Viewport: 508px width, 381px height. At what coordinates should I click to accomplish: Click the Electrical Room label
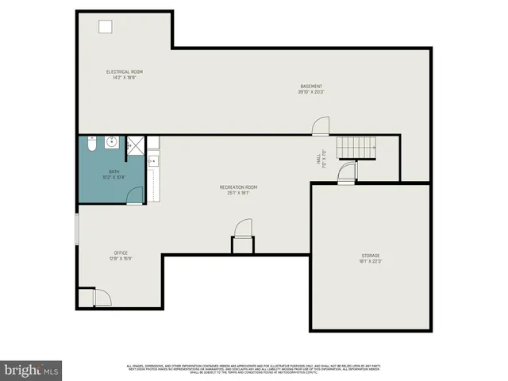click(125, 72)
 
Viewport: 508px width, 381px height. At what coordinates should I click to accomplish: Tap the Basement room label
click(311, 86)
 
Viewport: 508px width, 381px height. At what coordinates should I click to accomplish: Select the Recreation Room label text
click(238, 187)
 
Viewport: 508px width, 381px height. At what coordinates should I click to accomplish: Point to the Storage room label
click(371, 256)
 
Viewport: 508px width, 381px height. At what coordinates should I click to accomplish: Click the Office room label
click(121, 252)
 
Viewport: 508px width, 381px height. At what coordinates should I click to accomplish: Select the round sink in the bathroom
click(111, 143)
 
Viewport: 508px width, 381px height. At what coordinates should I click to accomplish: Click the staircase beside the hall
click(356, 147)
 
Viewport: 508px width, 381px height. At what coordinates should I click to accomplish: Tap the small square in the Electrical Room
click(105, 26)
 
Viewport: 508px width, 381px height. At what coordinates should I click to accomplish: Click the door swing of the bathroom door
click(136, 194)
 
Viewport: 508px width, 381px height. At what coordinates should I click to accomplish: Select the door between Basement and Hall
click(319, 126)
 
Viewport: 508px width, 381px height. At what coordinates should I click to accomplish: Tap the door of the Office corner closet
click(102, 297)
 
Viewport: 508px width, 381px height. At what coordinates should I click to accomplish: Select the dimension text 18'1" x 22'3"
click(371, 261)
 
